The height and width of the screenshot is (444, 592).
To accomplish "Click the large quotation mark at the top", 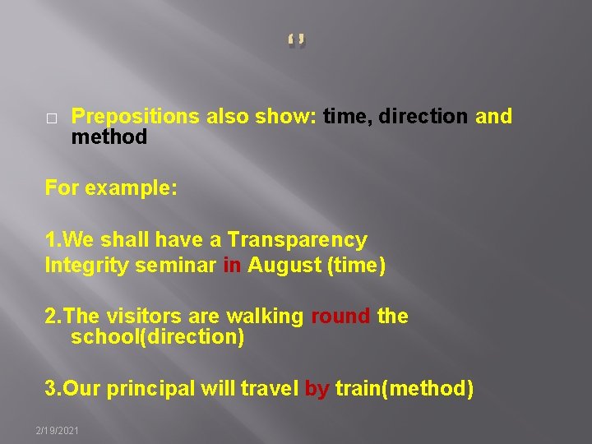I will (x=297, y=40).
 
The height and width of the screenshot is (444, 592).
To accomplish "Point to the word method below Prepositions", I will (x=109, y=137).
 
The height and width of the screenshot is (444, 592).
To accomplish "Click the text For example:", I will (x=111, y=187).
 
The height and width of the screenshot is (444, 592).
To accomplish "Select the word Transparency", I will (x=297, y=240).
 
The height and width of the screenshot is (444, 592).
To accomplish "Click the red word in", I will (x=232, y=266).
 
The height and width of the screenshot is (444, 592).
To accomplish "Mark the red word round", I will (x=340, y=317).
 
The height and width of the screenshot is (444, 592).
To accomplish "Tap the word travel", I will (x=268, y=389).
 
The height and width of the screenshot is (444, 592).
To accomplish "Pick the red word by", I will (x=317, y=389).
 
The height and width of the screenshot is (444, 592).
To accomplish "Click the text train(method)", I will (x=404, y=389).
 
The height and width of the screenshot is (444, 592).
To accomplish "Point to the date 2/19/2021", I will (x=57, y=431).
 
